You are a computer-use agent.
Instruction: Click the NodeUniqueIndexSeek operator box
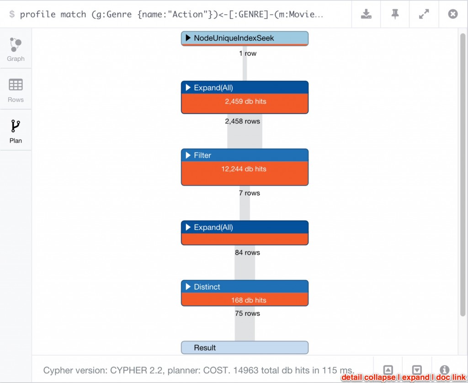[245, 38]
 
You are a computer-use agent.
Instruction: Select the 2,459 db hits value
[245, 101]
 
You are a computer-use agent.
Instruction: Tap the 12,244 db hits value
[243, 169]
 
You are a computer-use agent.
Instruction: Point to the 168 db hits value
[249, 300]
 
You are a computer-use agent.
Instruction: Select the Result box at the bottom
[245, 348]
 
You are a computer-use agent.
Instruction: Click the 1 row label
[248, 53]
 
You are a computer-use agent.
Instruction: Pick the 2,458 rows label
[242, 121]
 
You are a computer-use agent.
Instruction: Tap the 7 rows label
[249, 193]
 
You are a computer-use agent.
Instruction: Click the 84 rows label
[247, 253]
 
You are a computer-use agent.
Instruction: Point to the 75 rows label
[247, 314]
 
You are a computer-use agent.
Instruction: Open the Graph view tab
[16, 49]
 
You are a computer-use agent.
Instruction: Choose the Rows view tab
[16, 90]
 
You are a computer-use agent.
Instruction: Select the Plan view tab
[16, 131]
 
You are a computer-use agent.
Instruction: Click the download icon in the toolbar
[366, 14]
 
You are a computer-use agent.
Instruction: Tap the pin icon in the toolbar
[395, 14]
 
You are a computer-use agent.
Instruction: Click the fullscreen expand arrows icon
[424, 14]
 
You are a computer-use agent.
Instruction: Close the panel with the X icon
[452, 14]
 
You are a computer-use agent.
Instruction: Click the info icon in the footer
[444, 370]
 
